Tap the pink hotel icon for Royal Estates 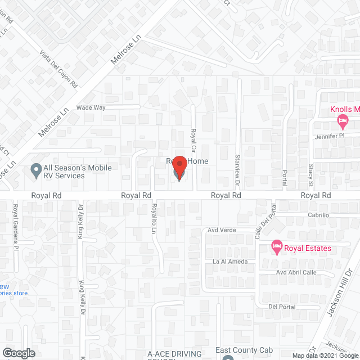pyautogui.click(x=276, y=246)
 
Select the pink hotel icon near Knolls pyautogui.click(x=341, y=120)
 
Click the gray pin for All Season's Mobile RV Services pyautogui.click(x=36, y=169)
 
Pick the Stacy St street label pyautogui.click(x=310, y=175)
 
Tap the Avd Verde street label pyautogui.click(x=221, y=230)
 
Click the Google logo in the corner pyautogui.click(x=19, y=353)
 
